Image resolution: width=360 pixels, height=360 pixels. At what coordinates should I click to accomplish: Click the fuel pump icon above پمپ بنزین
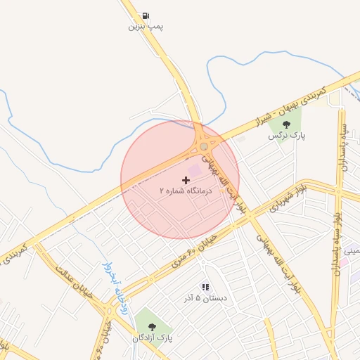click(146, 15)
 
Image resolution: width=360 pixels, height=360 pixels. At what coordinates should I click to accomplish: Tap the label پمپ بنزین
click(146, 27)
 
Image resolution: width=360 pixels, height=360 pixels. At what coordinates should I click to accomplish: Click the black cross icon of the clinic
click(186, 180)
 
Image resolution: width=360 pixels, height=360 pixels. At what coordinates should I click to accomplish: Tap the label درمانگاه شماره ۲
click(186, 191)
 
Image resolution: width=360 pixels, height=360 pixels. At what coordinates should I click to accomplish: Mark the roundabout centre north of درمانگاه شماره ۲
click(204, 146)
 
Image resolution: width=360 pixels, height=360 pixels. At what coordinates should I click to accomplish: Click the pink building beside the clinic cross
click(195, 170)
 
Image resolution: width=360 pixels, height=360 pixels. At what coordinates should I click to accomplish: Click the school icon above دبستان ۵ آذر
click(205, 287)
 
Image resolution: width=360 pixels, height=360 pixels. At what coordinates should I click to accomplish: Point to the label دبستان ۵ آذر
click(205, 297)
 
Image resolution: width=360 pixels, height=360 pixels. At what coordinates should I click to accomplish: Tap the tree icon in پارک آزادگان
click(153, 326)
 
